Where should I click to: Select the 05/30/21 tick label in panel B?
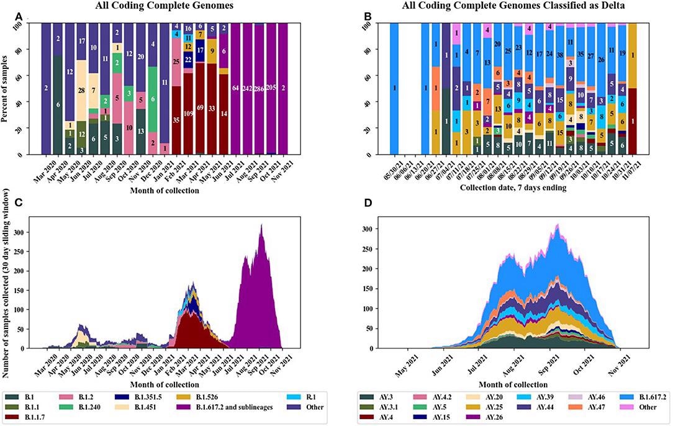pos(386,171)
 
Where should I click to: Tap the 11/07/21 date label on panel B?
pos(630,171)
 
